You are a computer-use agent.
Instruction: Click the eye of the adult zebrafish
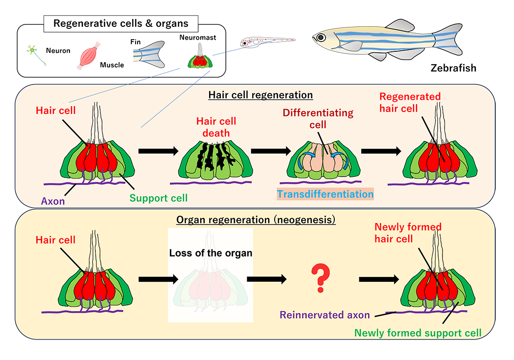pyautogui.click(x=321, y=37)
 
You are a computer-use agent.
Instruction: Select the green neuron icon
pyautogui.click(x=34, y=52)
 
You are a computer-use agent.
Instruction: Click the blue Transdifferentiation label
pyautogui.click(x=325, y=194)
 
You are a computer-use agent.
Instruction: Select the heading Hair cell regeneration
pyautogui.click(x=260, y=94)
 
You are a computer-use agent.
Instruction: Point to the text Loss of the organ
pyautogui.click(x=210, y=253)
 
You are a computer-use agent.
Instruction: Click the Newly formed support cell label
pyautogui.click(x=418, y=333)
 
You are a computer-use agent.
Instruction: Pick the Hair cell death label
pyautogui.click(x=216, y=126)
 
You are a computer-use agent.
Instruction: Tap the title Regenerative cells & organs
pyautogui.click(x=121, y=23)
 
